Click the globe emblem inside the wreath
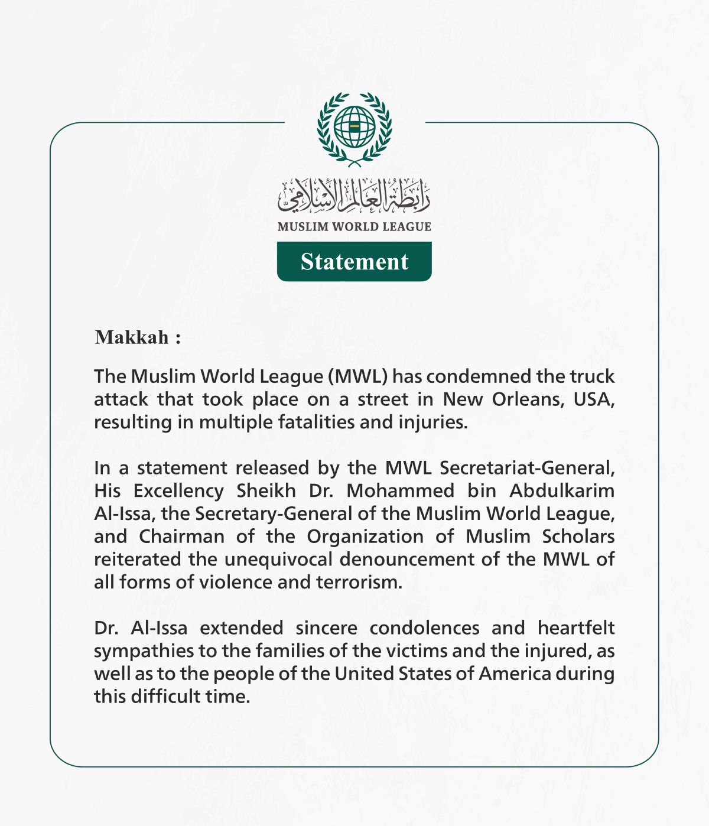click(354, 127)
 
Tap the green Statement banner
click(354, 262)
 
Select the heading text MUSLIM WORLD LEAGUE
click(354, 226)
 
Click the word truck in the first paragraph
click(592, 376)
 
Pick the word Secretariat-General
click(527, 468)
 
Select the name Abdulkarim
click(562, 491)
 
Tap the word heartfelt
click(576, 628)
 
